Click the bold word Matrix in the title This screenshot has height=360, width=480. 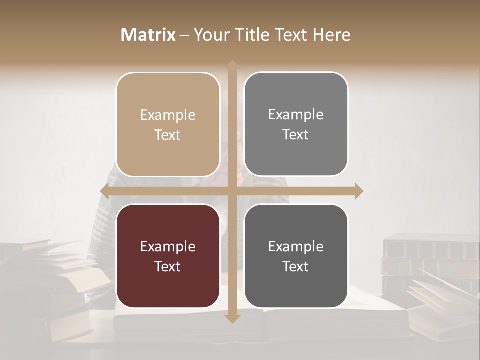point(148,35)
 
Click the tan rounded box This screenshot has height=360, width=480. point(168,125)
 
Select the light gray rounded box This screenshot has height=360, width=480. point(296,124)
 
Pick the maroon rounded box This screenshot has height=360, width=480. point(168,256)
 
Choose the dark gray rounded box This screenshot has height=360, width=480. point(296,256)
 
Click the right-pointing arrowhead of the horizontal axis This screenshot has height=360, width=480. point(358,191)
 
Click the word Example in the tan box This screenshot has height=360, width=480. point(168,115)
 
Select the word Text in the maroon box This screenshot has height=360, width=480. point(168,266)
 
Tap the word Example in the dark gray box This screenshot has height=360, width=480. point(296,246)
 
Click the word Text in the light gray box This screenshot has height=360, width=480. point(296,135)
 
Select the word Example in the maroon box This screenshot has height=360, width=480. point(168,246)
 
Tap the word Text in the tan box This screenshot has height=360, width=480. point(168,135)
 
